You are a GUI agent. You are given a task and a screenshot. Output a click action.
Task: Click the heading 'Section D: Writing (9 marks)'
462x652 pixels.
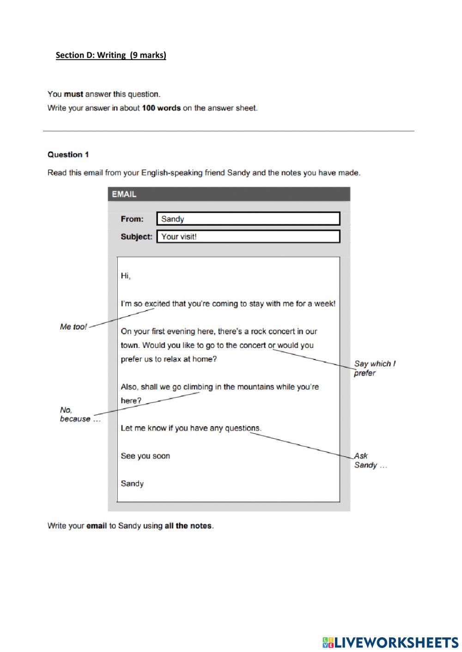[111, 55]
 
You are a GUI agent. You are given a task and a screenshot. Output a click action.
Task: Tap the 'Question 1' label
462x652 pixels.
[68, 155]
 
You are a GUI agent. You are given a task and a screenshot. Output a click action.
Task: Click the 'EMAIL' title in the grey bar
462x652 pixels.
[124, 194]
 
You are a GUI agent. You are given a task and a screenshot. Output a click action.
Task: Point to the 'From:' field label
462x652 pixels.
[132, 219]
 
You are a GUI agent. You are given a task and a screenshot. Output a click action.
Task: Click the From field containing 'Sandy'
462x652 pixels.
[248, 219]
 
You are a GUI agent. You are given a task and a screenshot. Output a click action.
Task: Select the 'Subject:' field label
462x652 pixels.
[136, 237]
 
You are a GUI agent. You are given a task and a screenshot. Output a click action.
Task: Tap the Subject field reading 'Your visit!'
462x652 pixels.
[248, 237]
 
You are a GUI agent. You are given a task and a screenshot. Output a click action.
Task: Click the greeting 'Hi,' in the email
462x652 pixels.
[126, 276]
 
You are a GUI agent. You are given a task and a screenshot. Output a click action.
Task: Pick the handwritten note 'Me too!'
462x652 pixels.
[73, 327]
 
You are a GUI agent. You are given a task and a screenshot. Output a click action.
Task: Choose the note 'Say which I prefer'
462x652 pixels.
[374, 368]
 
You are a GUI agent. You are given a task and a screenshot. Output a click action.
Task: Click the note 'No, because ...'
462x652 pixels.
[79, 414]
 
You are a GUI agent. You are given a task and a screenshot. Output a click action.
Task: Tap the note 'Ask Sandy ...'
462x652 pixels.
[370, 461]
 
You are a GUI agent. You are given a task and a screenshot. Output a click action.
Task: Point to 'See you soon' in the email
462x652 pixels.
[145, 456]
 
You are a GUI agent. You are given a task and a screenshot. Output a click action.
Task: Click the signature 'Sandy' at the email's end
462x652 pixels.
[132, 484]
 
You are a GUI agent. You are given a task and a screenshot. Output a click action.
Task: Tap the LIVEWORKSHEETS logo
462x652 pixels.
[390, 642]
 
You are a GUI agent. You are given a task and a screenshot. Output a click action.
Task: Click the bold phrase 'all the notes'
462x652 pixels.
[188, 526]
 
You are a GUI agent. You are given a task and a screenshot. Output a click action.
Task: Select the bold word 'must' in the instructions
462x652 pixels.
[73, 94]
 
